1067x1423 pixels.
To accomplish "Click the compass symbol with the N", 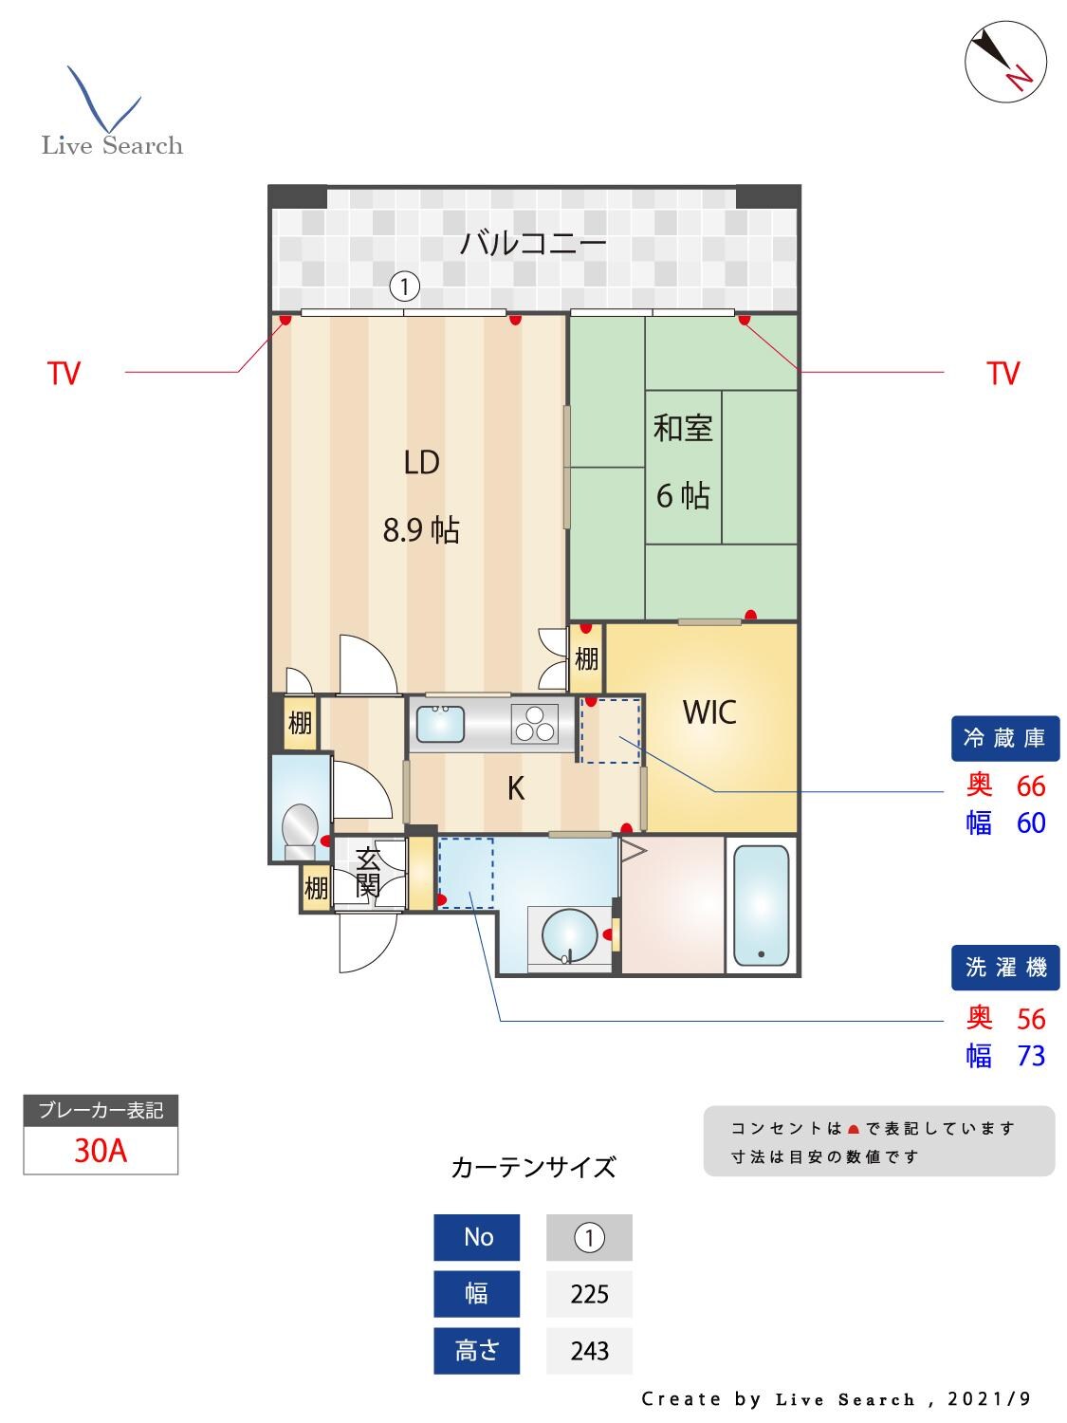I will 1005,59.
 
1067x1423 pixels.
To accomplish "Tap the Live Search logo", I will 111,114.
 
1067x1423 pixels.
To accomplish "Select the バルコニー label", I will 533,245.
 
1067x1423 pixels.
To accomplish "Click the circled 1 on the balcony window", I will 405,285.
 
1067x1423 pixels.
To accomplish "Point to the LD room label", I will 421,463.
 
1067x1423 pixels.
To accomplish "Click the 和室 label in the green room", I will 683,429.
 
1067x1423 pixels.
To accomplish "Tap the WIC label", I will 709,712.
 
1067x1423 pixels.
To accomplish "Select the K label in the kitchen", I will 516,788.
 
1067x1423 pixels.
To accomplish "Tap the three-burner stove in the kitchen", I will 535,726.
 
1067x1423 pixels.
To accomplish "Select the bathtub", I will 761,905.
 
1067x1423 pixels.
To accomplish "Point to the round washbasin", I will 569,935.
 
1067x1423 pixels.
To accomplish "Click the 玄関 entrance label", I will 368,874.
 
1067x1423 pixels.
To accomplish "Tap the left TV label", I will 64,374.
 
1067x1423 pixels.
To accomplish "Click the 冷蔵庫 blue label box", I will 1004,739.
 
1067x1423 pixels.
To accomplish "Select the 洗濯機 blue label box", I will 1004,968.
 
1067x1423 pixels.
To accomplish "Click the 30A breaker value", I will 101,1151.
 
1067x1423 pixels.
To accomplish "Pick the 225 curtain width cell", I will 589,1294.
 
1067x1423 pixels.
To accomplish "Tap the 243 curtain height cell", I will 589,1351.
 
